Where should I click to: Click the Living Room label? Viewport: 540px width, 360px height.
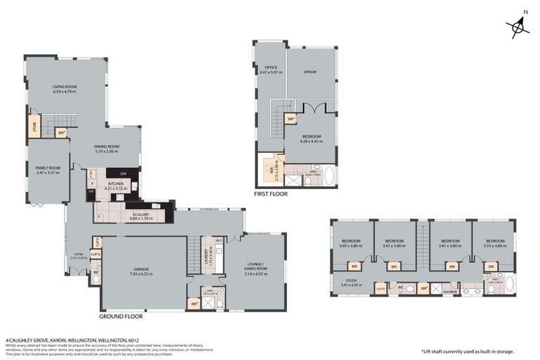(x=64, y=89)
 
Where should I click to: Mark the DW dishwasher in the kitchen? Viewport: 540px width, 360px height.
(x=123, y=174)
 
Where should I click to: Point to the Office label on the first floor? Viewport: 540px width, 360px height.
(x=271, y=70)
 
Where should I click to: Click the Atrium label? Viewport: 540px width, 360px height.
(x=310, y=71)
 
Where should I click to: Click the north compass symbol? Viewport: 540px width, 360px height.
(x=519, y=27)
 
